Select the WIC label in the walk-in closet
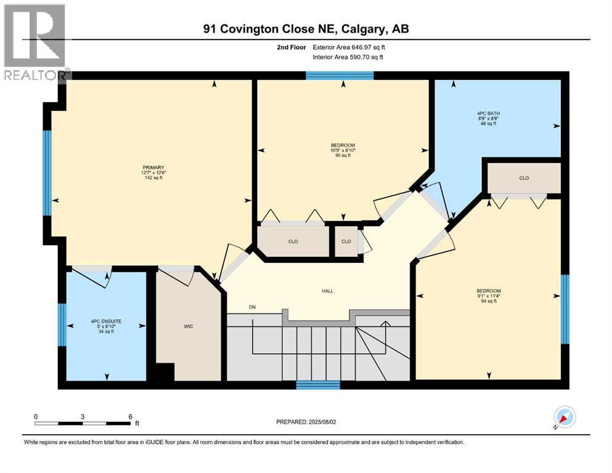tap(189, 326)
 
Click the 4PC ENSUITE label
tap(106, 321)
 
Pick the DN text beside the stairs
tap(252, 307)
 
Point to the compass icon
tap(565, 418)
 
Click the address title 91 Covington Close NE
tap(306, 28)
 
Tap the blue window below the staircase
tap(318, 386)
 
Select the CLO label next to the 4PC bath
tap(524, 178)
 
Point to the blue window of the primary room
tap(47, 172)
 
